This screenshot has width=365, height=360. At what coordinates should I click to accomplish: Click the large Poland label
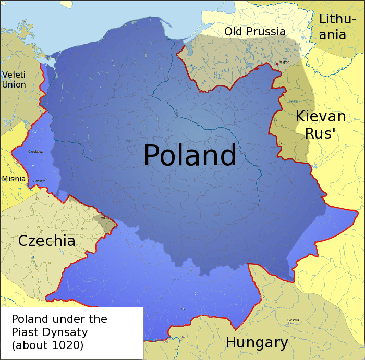click(x=190, y=155)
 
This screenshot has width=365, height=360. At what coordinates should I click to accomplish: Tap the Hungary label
click(x=257, y=343)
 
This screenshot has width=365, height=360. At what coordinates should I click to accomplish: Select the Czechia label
click(x=46, y=241)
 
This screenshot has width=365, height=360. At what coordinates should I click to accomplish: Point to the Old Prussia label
click(x=255, y=32)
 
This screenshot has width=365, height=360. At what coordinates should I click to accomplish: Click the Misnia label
click(x=14, y=179)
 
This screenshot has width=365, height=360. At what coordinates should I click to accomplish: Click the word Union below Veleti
click(x=14, y=84)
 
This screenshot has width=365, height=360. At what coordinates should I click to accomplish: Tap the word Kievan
click(x=321, y=117)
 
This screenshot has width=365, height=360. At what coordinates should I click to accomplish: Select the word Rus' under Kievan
click(x=320, y=133)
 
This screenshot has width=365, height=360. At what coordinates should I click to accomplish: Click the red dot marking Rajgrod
click(x=277, y=64)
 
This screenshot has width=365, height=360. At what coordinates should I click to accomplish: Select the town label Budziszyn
click(x=39, y=181)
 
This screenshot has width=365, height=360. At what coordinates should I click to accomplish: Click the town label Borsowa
click(x=293, y=320)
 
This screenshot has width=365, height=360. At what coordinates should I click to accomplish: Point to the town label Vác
click(x=183, y=337)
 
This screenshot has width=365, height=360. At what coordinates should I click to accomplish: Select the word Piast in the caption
click(x=26, y=332)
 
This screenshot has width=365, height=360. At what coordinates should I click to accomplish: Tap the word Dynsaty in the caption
click(x=68, y=332)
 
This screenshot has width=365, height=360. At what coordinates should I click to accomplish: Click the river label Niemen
click(x=293, y=101)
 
